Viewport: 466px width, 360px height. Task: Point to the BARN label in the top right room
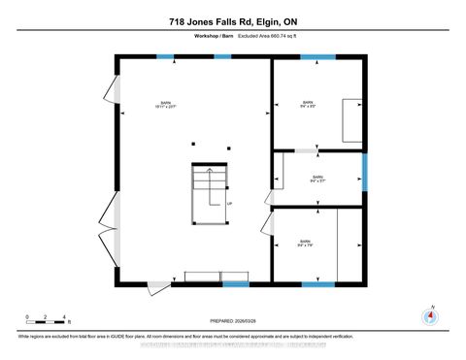308,102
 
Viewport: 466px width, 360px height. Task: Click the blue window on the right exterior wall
365,173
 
